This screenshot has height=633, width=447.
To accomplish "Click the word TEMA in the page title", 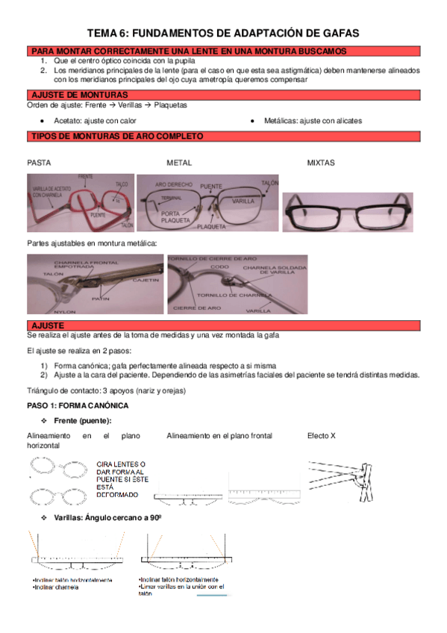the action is tap(103, 33).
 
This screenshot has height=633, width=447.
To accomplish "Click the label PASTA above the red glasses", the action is tap(40, 162).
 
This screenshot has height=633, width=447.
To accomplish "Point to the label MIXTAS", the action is tap(321, 162).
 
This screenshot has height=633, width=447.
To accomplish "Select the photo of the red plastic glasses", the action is tap(81, 203).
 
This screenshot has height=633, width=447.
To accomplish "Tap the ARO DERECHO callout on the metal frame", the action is tap(173, 183).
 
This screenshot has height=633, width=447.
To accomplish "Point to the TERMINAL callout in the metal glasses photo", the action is tap(172, 197).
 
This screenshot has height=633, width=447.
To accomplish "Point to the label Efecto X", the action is tap(322, 436).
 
